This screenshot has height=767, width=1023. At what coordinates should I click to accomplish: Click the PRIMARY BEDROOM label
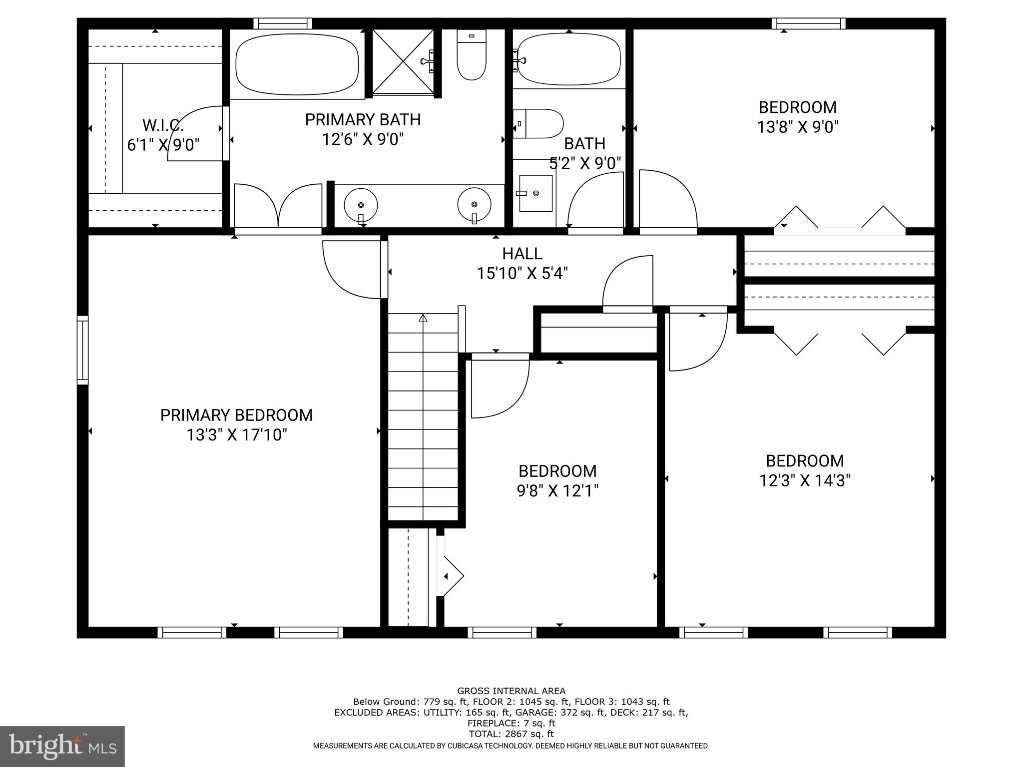coord(236,415)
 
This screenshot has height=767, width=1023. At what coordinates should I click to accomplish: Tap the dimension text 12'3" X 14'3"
coord(805,481)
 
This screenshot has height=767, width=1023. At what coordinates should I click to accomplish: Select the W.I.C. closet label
coord(163,125)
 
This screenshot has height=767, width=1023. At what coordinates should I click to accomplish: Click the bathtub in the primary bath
coord(297,63)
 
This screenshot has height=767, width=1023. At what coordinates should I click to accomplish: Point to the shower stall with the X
coord(403,61)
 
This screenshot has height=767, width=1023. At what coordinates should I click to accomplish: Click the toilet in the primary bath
coord(472,55)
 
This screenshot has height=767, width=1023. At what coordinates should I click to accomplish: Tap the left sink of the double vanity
coord(361,205)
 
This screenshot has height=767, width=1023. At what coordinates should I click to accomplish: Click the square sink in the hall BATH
coord(535,193)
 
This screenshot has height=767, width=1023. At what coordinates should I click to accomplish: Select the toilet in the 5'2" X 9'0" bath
coord(538,124)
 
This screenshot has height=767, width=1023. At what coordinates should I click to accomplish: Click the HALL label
coord(522,254)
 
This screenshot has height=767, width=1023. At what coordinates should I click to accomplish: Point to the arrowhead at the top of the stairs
coord(423,318)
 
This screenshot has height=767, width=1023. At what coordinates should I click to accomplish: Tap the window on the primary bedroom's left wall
coord(82,350)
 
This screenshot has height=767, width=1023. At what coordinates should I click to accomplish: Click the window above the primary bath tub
coord(283,23)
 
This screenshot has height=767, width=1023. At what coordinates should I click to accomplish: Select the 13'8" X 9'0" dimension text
coord(798,127)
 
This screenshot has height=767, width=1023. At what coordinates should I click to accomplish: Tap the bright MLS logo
coord(62,746)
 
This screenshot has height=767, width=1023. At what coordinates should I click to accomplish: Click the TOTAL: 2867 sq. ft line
coord(511,734)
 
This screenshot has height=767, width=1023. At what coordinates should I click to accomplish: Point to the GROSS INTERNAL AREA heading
coord(511,691)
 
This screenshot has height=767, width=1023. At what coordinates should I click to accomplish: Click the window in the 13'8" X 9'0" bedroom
coord(808,23)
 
